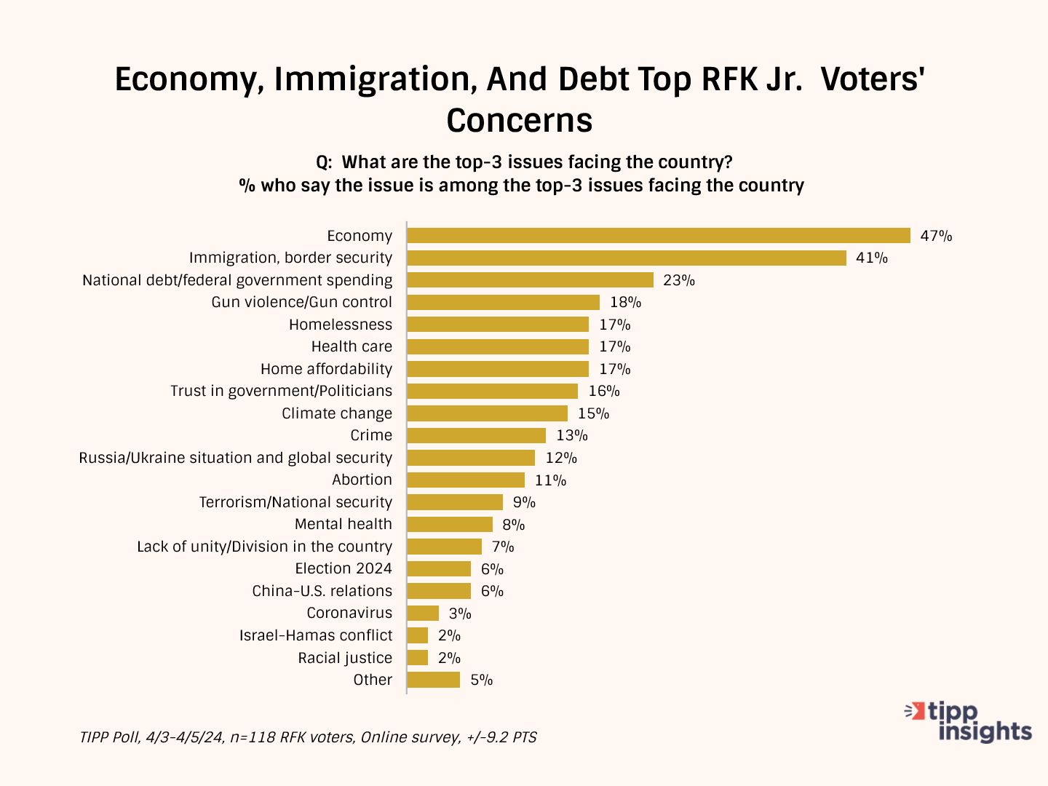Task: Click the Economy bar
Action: click(x=659, y=236)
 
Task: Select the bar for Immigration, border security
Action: click(x=627, y=258)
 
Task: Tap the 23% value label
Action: click(x=678, y=280)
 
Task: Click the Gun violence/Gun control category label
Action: click(x=301, y=302)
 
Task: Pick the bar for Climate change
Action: click(x=487, y=413)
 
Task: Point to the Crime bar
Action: click(x=476, y=435)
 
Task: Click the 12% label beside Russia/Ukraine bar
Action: click(x=561, y=458)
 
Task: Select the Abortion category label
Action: click(x=362, y=480)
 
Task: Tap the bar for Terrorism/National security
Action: click(x=455, y=502)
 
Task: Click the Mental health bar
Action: click(x=450, y=524)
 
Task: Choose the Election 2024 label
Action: click(x=343, y=568)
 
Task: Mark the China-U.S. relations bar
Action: click(x=439, y=591)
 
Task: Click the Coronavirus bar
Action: click(x=423, y=613)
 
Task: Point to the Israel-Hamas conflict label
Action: click(x=315, y=635)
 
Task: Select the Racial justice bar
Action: click(x=418, y=658)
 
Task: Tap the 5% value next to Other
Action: click(x=482, y=680)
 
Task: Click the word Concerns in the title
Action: click(x=520, y=120)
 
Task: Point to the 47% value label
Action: click(x=936, y=236)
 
